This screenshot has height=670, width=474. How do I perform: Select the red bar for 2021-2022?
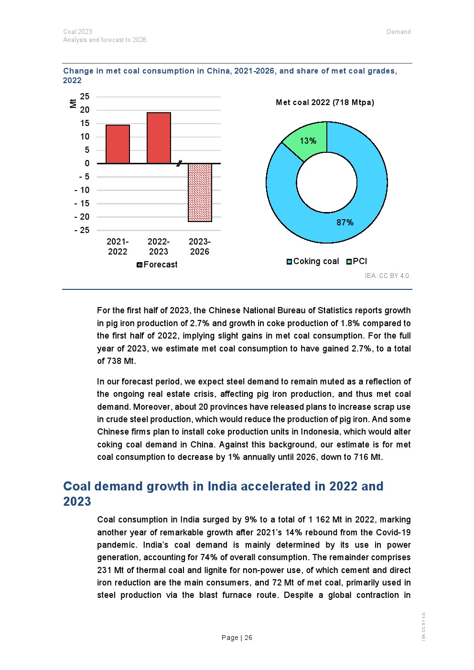coord(118,144)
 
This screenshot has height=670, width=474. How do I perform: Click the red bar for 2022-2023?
coord(159,138)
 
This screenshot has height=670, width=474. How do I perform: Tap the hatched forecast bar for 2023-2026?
coord(200,192)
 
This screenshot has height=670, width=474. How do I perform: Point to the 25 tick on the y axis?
coord(85,96)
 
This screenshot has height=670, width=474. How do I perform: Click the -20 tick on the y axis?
coord(82,217)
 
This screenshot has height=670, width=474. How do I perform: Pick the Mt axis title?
coord(73,103)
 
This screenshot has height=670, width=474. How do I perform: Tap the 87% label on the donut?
coord(345,223)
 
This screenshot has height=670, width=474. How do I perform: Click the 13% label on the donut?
coord(308,141)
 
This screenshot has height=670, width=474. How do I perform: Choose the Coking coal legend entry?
coord(313,261)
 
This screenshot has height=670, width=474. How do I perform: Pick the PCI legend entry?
coord(357,261)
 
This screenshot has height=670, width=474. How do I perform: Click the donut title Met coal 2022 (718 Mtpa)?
coord(325,102)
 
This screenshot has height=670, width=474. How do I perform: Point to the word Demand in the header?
coord(399,32)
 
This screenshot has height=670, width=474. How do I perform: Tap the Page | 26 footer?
coord(237,638)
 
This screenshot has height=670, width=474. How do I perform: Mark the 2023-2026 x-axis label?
coord(200,246)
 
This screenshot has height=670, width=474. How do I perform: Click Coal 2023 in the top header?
coord(77,32)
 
